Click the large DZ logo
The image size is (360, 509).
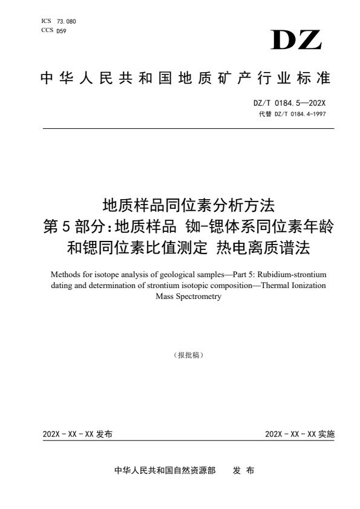coord(297,40)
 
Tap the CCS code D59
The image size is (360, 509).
coord(61,31)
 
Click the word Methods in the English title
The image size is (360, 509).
coord(64,274)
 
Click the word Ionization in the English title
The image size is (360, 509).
coord(306,286)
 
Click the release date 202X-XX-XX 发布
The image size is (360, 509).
coord(77,435)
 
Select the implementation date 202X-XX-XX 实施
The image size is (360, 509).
coord(299,435)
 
